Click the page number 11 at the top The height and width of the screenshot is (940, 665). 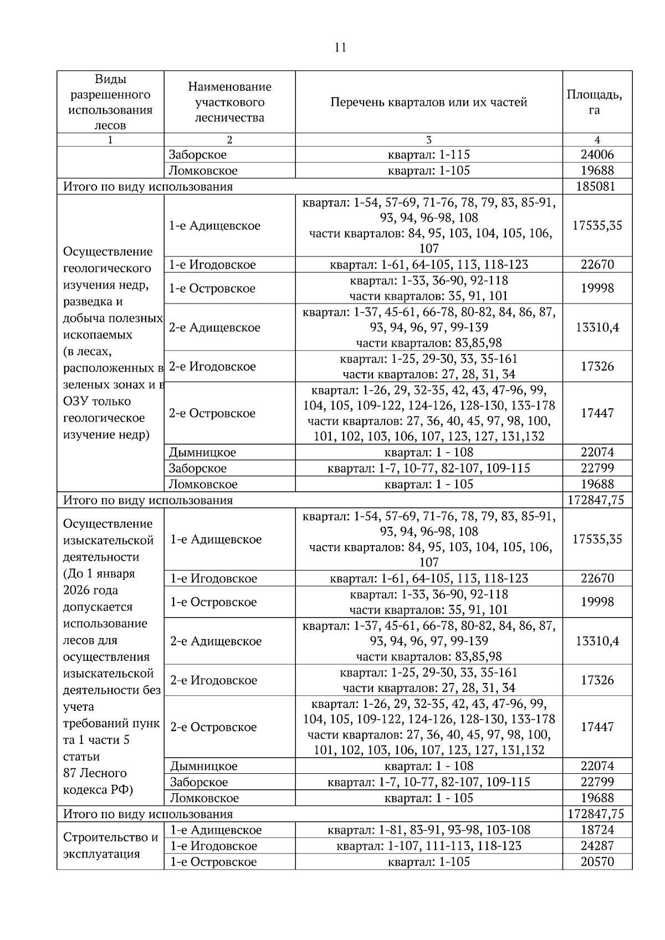tap(340, 48)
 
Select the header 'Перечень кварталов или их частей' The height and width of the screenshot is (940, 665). tap(428, 102)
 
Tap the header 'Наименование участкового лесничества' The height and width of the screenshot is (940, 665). tap(229, 102)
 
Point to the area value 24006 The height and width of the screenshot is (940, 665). tap(597, 155)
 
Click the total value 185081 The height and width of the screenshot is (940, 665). tap(597, 187)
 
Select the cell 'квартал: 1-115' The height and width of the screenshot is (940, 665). tap(428, 155)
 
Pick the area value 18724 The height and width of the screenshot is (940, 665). tap(597, 830)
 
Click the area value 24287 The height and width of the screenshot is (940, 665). tap(597, 846)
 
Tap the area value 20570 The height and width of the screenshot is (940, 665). tap(597, 862)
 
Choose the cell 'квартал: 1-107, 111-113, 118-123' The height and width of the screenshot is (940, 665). tap(428, 846)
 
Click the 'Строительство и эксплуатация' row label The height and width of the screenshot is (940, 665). tap(110, 845)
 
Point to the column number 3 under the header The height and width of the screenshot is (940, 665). tap(428, 140)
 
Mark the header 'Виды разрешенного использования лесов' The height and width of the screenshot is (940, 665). tap(110, 102)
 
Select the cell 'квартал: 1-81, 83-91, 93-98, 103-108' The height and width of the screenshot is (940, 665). tap(428, 830)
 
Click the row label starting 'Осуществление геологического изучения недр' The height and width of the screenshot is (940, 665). tap(110, 343)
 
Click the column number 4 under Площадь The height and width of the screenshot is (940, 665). tap(597, 140)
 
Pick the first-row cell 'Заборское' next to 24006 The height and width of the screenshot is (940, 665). tap(198, 155)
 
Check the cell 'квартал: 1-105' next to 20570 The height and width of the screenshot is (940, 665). tap(428, 862)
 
